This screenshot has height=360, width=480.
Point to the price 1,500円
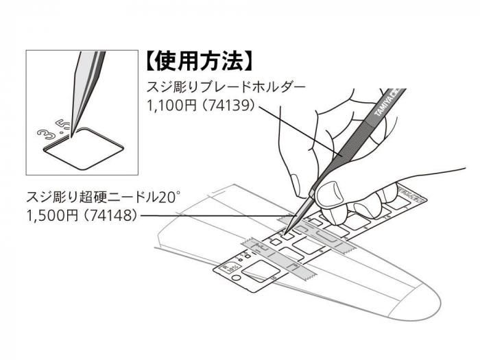(x=51, y=215)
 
